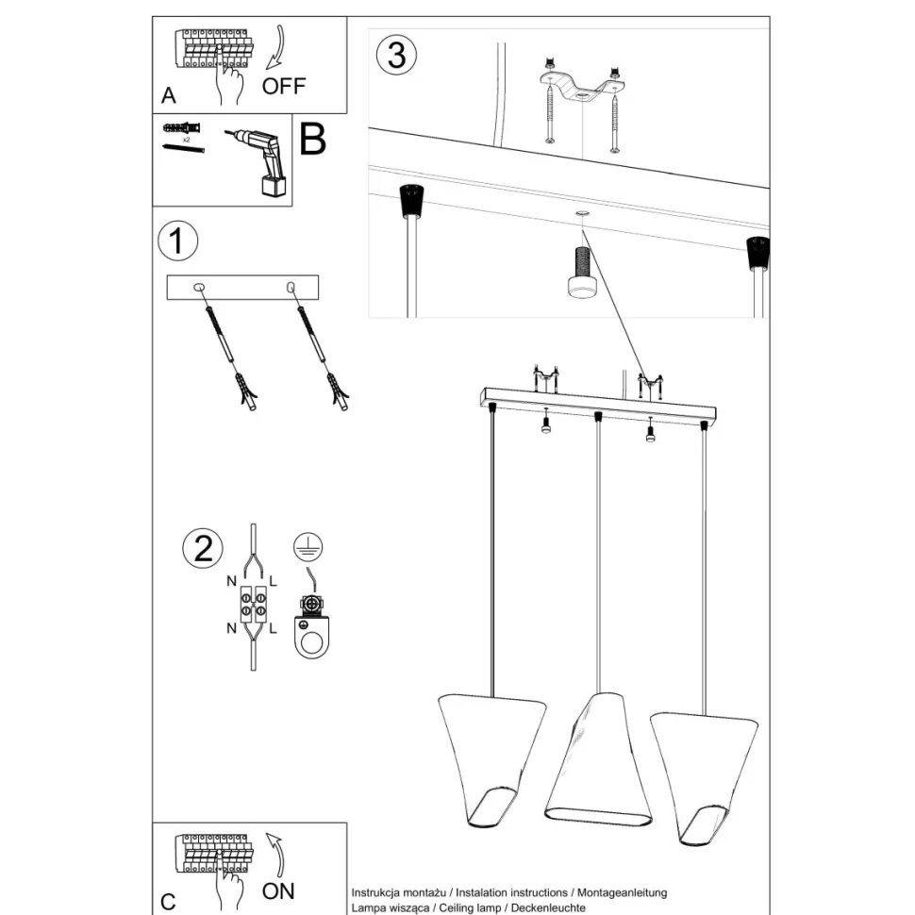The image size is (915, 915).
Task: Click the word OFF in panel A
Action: (x=284, y=87)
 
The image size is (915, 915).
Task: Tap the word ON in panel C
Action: (x=278, y=891)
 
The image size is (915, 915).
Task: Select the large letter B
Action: (x=313, y=139)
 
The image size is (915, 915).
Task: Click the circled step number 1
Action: (x=178, y=241)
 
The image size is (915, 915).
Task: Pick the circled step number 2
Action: (x=203, y=549)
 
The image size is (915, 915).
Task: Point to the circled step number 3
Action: (x=397, y=55)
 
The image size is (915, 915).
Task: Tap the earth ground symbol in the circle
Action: (x=308, y=547)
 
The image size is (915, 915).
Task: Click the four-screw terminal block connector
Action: (x=253, y=604)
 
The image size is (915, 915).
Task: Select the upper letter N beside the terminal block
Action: (x=232, y=581)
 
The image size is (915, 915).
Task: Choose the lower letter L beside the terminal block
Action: (x=273, y=628)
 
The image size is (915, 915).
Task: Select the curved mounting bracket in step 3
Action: (x=581, y=88)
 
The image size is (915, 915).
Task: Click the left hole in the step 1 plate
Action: (x=198, y=287)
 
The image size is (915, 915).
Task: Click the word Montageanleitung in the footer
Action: (x=622, y=892)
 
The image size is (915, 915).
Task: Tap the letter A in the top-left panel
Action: (x=169, y=95)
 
